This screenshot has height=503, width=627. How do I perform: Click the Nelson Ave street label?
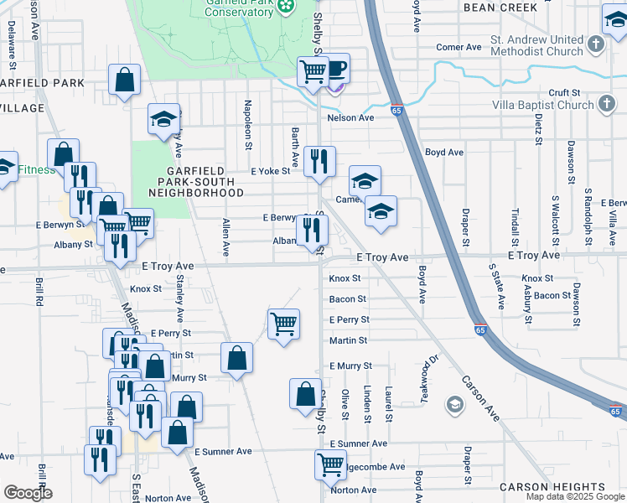350,118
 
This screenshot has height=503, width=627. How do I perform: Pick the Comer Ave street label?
459,48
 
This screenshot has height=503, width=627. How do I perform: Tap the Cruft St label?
564,92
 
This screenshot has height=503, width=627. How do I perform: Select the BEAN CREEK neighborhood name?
500,7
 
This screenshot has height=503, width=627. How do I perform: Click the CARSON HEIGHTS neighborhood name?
552,487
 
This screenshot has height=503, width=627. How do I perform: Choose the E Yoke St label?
270,171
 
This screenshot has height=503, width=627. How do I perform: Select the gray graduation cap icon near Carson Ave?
454,407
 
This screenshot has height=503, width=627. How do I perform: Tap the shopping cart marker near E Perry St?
284,323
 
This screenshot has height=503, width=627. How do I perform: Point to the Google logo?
28,493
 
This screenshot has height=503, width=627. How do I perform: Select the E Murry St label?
350,366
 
